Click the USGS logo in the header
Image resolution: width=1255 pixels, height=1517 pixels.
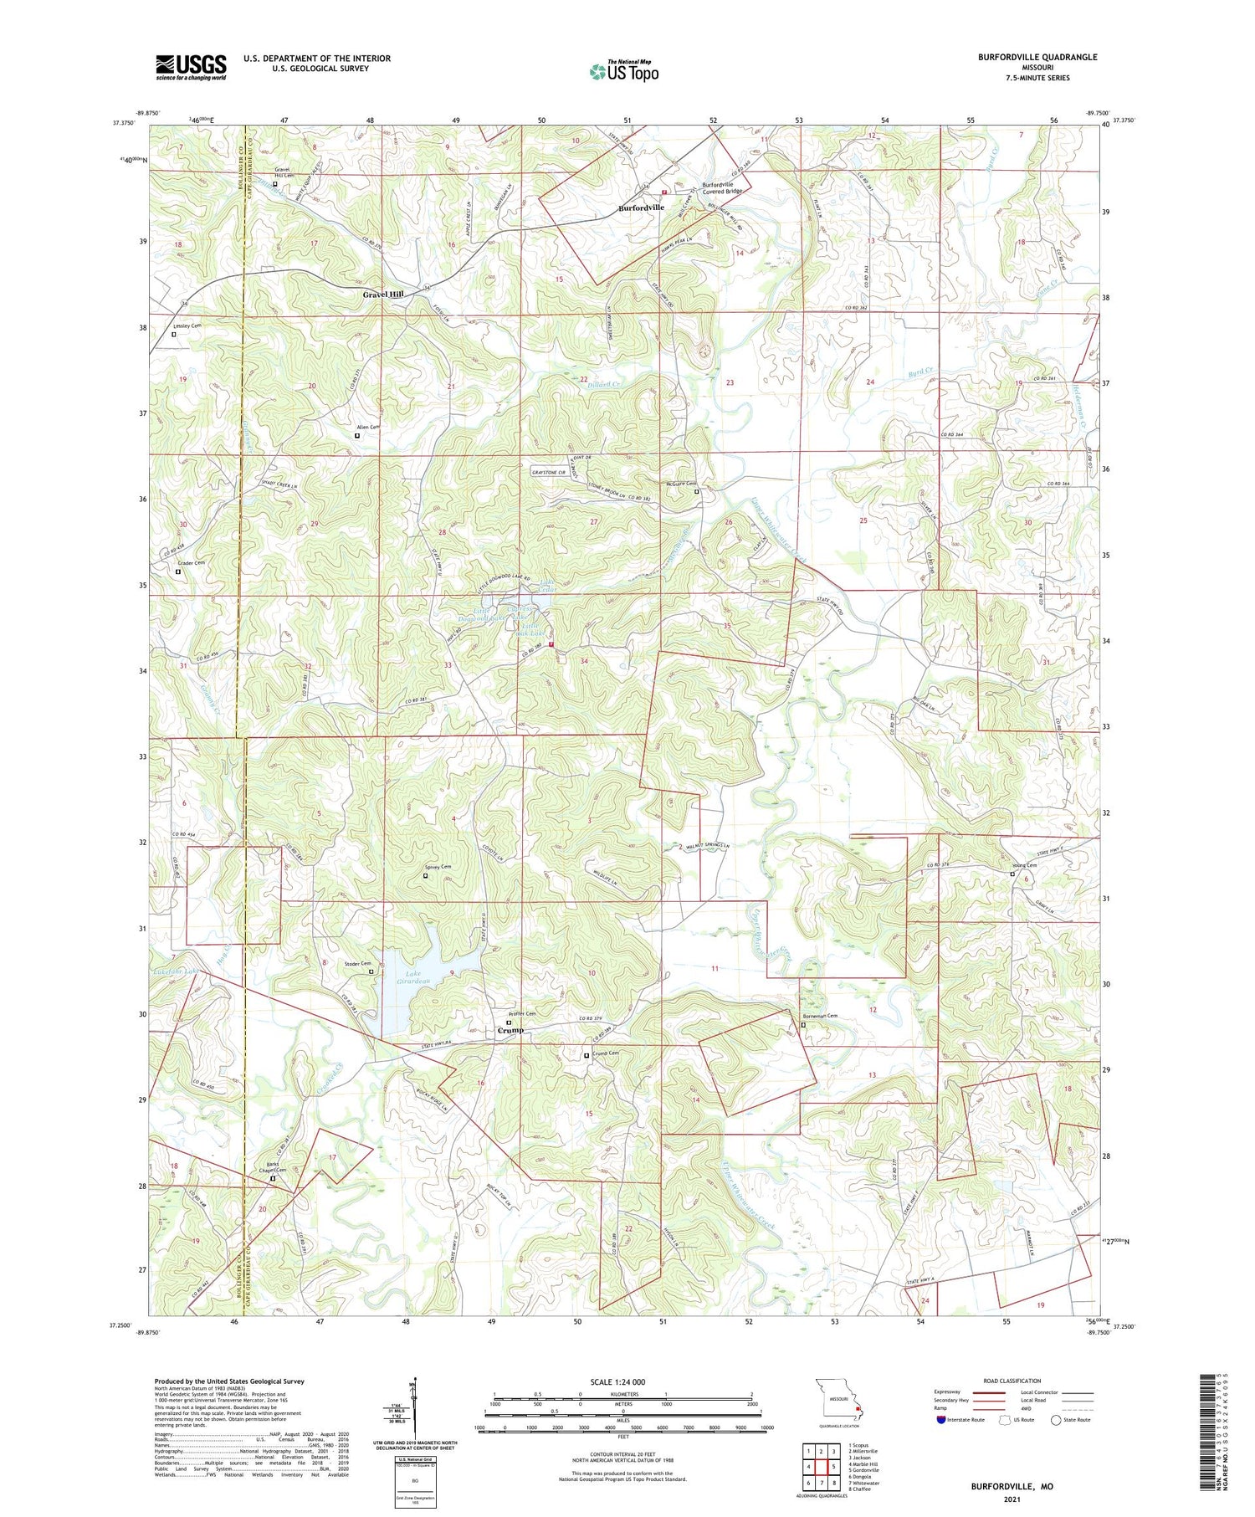coord(191,67)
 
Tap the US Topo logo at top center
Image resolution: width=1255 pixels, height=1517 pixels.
coord(623,71)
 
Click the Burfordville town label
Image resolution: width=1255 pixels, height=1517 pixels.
coord(641,207)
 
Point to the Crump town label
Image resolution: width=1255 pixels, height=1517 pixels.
coord(510,1030)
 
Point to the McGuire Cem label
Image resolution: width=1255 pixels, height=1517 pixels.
coord(681,483)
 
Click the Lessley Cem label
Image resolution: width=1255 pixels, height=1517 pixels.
coord(187,325)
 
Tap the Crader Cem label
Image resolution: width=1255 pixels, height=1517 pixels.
coord(191,563)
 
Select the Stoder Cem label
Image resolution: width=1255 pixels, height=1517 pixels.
coord(357,964)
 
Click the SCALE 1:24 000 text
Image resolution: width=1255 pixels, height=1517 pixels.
coord(617,1381)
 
